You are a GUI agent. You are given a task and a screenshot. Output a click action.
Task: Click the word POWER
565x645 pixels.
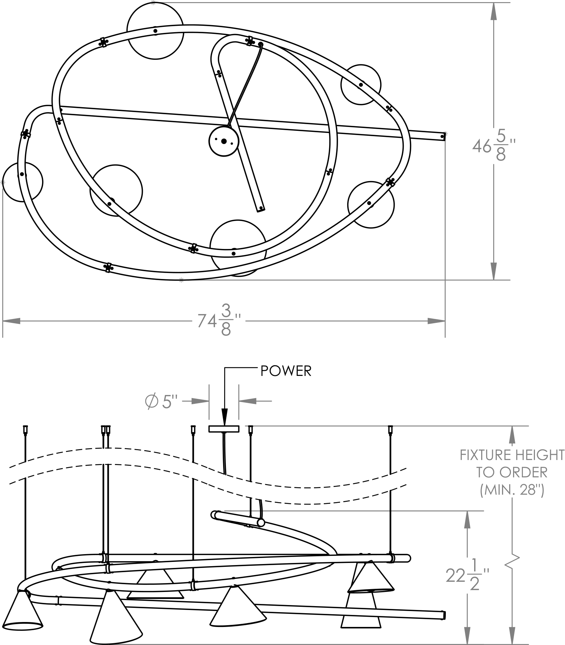point(286,371)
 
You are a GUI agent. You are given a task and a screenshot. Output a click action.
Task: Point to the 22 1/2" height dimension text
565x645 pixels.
point(467,576)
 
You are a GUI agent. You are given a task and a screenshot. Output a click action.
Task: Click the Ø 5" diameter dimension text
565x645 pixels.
point(161,402)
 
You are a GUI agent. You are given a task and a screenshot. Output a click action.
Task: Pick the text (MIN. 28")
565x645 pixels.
point(512,490)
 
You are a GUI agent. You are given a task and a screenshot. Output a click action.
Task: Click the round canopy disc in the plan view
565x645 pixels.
point(224,141)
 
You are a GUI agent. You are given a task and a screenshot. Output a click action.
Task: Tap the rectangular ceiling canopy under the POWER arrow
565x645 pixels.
point(224,429)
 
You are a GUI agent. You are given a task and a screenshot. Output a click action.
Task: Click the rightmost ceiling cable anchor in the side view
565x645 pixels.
point(390,430)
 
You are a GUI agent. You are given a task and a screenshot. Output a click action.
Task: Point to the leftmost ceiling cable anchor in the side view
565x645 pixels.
point(25,430)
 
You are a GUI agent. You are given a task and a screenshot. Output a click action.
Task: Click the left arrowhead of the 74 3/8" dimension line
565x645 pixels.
point(11,321)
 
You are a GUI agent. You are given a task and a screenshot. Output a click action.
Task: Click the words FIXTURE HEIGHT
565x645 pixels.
point(512,455)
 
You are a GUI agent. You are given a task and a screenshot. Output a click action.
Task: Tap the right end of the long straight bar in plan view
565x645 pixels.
point(444,136)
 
